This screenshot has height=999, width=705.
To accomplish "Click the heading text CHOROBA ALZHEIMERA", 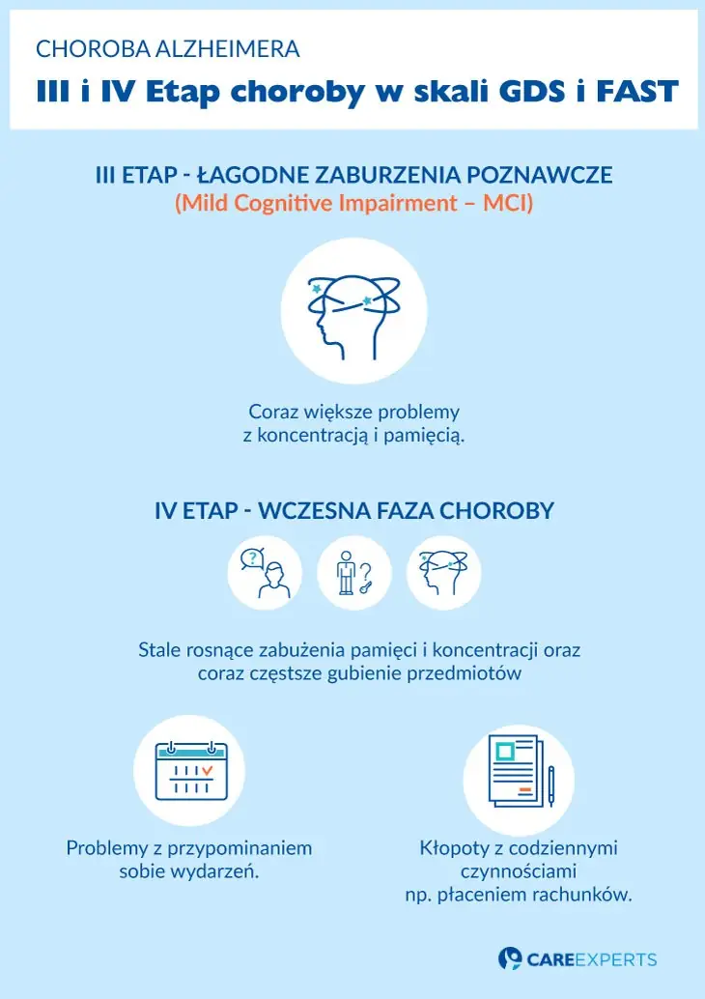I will tap(167, 48).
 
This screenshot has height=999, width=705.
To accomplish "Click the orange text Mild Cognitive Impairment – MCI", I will tap(353, 205).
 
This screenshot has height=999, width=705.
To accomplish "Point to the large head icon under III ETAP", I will tap(352, 310).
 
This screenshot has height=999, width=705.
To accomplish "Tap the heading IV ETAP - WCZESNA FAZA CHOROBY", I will tap(353, 510).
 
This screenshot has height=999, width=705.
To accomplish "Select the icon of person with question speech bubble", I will tap(264, 573).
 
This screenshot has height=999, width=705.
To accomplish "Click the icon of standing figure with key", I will tap(353, 573).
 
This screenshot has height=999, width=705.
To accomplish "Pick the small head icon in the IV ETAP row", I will tap(443, 573).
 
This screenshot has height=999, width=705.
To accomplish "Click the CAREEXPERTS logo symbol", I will tap(510, 958).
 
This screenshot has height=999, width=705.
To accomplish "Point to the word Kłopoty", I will tap(452, 848).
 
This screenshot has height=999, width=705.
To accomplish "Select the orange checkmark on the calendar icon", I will tap(206, 770).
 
